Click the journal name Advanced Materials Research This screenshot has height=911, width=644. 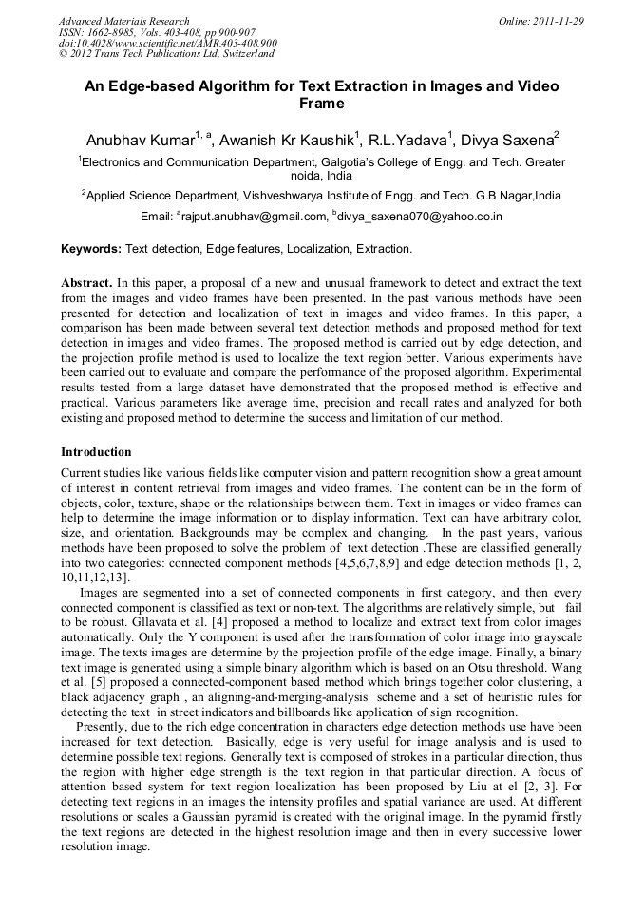(123, 21)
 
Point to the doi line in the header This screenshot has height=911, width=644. (167, 43)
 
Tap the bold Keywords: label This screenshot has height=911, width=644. (91, 249)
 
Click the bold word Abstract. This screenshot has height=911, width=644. (86, 283)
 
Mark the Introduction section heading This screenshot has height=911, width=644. (96, 451)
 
